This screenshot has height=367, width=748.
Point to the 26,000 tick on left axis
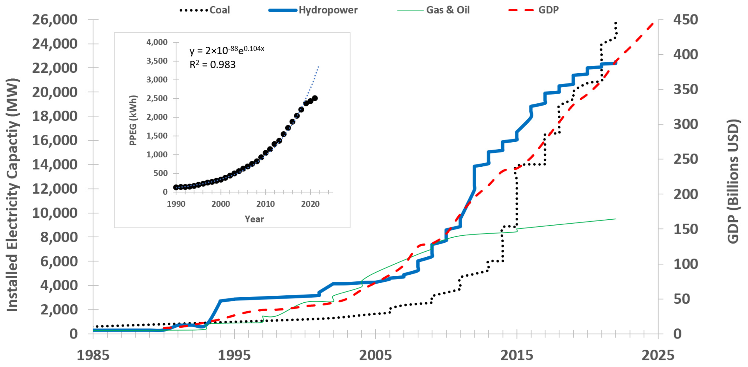tap(55, 19)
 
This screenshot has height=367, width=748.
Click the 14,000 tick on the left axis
tap(55, 164)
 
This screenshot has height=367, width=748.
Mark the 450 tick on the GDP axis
tap(685, 19)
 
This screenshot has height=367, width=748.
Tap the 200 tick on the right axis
tap(685, 194)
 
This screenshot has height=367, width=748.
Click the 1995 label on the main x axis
tap(234, 355)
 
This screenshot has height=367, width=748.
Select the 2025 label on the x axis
tap(658, 355)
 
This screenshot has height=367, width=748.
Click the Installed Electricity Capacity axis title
tap(12, 195)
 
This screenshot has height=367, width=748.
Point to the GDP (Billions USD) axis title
tap(733, 181)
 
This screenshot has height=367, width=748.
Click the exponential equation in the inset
tap(227, 50)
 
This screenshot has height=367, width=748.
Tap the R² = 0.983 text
tap(212, 65)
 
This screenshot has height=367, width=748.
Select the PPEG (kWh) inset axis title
tap(133, 120)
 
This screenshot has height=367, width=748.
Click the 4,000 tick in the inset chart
tap(157, 42)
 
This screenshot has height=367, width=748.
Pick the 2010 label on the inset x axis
tap(265, 204)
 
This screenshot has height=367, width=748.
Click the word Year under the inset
tap(254, 219)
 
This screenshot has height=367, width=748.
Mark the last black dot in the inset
tap(315, 98)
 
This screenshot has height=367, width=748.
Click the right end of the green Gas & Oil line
tap(616, 219)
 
